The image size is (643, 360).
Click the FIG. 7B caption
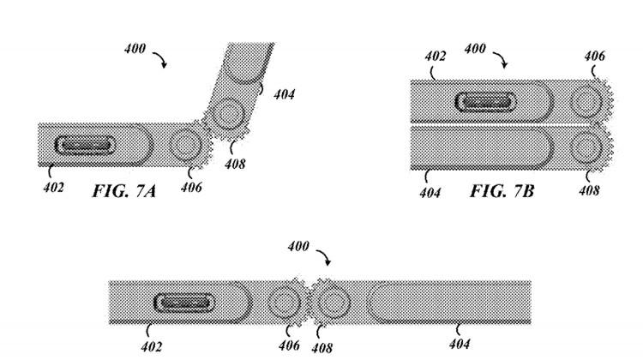point(502,190)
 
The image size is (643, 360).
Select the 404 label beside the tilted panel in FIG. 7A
point(285,95)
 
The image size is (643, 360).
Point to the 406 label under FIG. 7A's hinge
point(191,188)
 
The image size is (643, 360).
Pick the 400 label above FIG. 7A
point(135,50)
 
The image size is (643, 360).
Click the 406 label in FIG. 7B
point(594,57)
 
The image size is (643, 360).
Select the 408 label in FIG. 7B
point(589,191)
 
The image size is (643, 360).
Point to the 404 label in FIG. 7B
point(430,193)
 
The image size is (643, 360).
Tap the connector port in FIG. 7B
point(485,103)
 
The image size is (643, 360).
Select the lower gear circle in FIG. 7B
point(587,147)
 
